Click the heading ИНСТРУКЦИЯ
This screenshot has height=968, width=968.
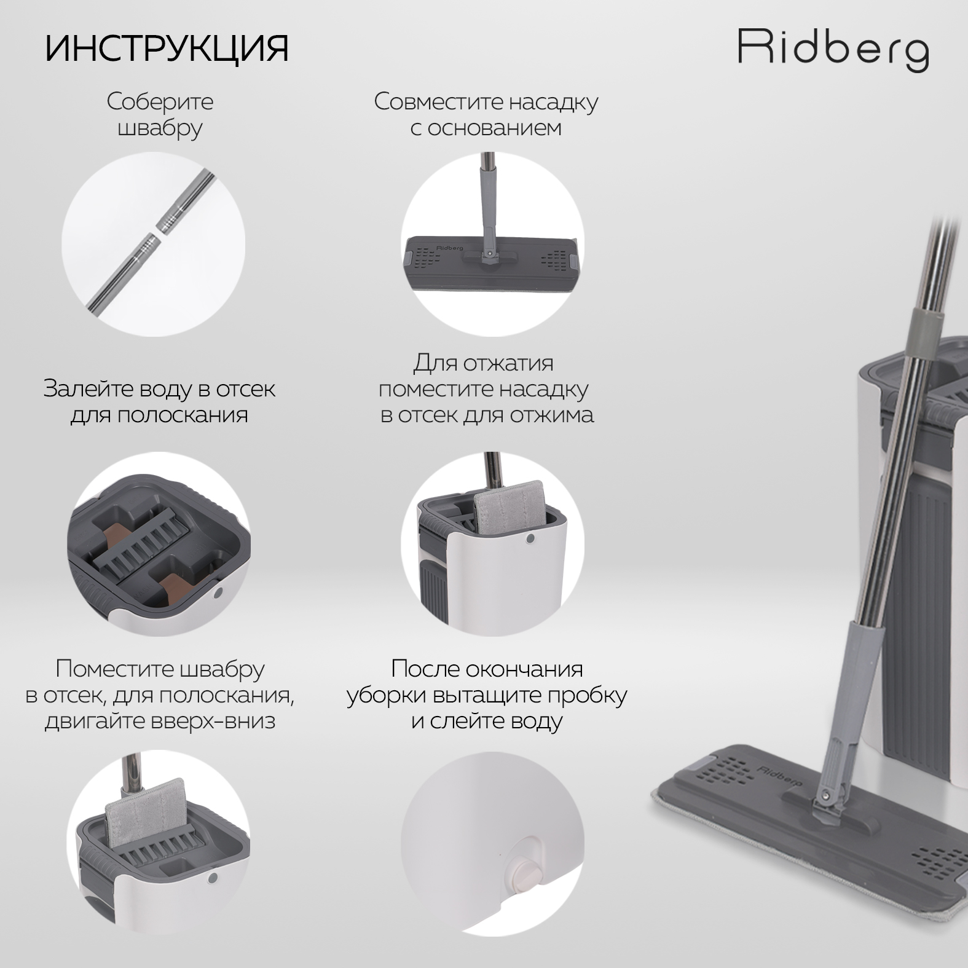167,49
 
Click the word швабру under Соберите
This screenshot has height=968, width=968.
160,128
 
